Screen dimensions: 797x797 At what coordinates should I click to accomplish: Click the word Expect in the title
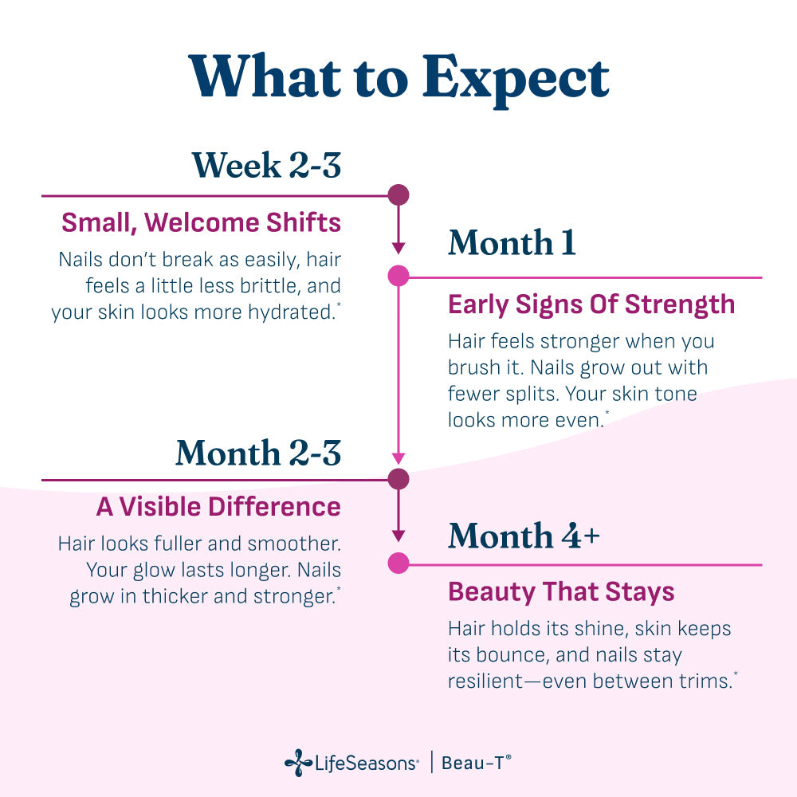tap(516, 79)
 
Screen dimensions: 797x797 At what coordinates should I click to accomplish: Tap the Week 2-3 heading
tap(266, 165)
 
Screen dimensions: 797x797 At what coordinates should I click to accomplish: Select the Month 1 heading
tap(512, 242)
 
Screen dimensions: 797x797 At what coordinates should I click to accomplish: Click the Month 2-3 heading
tap(258, 453)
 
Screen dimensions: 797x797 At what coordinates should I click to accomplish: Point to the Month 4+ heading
tap(524, 536)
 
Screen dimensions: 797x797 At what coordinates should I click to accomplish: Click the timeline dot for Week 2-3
tap(398, 194)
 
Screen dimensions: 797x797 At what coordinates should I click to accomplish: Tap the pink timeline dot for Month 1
tap(398, 276)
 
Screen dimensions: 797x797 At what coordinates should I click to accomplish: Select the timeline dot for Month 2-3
tap(398, 479)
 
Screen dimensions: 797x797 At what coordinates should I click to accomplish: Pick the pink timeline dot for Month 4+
tap(398, 563)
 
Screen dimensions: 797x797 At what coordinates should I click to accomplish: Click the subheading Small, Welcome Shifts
tap(202, 222)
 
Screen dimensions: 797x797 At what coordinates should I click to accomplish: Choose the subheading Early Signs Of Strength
tap(591, 304)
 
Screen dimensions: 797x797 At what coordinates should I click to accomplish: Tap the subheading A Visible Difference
tap(218, 507)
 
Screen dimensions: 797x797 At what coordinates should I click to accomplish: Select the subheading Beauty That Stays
tap(561, 591)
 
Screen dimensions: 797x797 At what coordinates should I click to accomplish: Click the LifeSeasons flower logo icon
tap(298, 763)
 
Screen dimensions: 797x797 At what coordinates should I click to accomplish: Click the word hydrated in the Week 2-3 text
tap(291, 312)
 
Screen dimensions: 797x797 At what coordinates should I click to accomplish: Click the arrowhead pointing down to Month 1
tap(398, 248)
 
